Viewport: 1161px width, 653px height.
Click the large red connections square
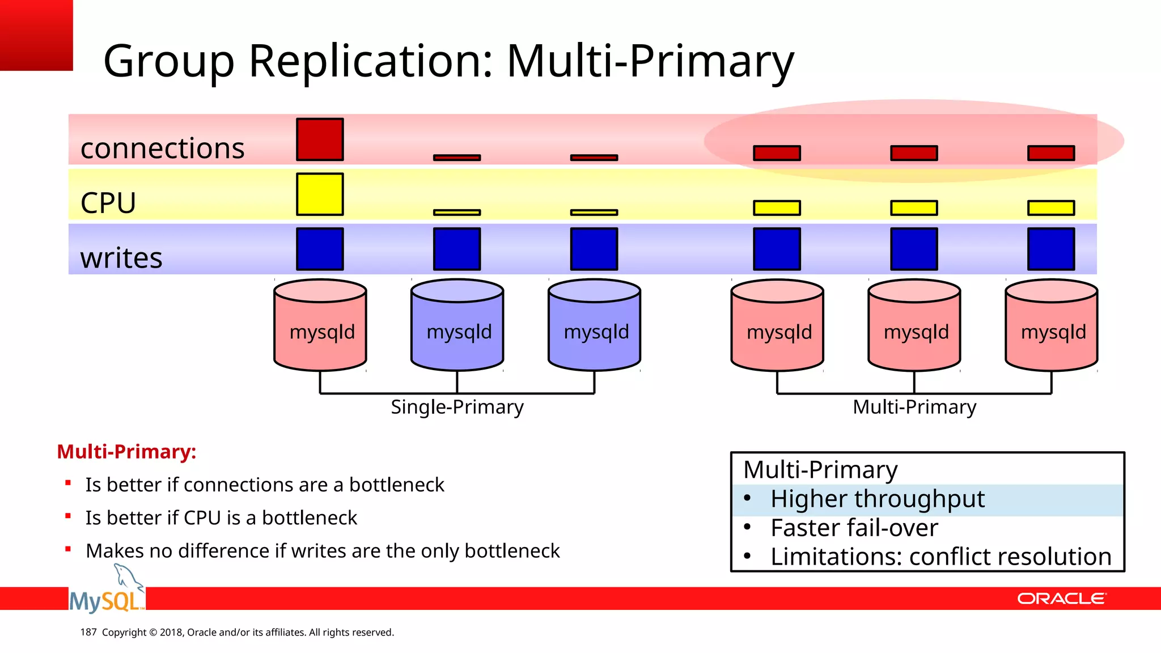pos(320,139)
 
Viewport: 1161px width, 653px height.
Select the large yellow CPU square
pos(320,194)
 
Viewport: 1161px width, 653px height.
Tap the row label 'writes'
pos(121,258)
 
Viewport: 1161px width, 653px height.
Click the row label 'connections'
pos(162,149)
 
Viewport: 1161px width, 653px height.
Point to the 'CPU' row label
pos(108,203)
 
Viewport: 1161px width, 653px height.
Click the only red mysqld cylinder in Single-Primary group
pos(320,326)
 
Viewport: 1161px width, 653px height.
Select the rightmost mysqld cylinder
pos(1052,326)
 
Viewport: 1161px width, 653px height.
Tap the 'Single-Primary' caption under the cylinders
pos(457,407)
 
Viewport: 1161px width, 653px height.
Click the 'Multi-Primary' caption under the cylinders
pos(914,407)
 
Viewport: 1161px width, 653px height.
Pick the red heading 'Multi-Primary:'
pos(126,452)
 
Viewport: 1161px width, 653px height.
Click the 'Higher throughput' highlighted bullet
pos(877,499)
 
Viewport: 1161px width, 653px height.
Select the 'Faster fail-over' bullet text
pos(854,528)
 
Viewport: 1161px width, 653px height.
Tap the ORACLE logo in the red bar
pos(1061,599)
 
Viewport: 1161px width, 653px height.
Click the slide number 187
pos(88,632)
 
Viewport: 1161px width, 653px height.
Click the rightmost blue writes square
pos(1051,249)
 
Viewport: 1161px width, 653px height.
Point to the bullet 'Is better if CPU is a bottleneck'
pos(221,518)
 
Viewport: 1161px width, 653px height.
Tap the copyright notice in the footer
pos(248,632)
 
